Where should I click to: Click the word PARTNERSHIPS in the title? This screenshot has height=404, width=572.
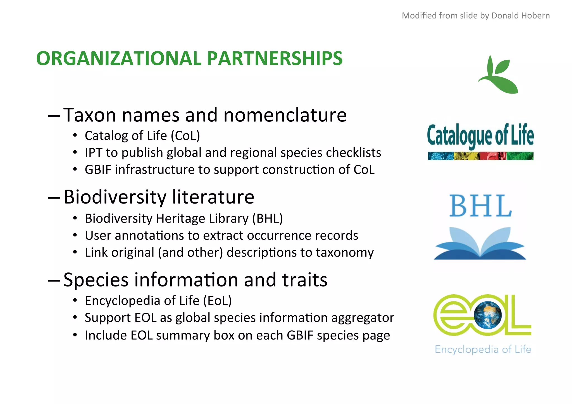(x=274, y=58)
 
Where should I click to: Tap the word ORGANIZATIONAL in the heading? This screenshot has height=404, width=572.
(x=119, y=58)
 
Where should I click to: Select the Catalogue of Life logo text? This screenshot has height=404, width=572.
(x=480, y=136)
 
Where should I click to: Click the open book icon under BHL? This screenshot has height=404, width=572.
(x=480, y=243)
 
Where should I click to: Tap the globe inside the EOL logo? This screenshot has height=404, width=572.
(x=488, y=315)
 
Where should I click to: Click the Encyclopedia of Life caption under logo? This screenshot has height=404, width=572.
(x=483, y=349)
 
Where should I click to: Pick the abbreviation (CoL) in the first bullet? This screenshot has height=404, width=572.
(x=185, y=136)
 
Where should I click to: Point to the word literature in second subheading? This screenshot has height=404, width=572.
(x=213, y=197)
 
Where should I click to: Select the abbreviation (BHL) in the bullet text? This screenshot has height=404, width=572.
(x=267, y=218)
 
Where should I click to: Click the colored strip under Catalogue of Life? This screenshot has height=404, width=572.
(x=480, y=156)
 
